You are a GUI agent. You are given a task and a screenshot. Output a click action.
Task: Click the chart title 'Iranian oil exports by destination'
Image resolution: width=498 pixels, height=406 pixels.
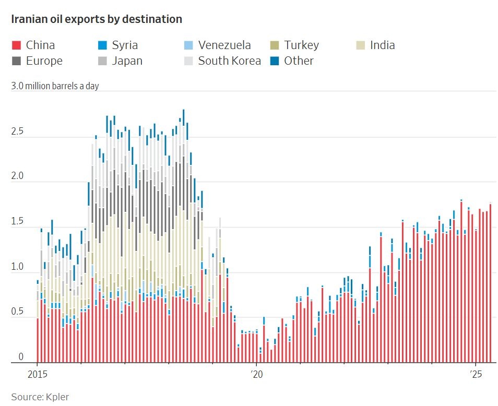(97, 19)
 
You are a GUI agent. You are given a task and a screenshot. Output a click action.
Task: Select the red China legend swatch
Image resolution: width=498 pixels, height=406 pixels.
(16, 45)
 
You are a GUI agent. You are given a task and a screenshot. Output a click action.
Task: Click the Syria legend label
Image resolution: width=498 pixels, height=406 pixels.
(125, 45)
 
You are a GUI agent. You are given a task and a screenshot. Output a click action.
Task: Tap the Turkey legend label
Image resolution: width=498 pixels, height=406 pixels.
(301, 45)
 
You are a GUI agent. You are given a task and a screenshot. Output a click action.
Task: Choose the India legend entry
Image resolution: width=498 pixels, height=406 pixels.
(382, 45)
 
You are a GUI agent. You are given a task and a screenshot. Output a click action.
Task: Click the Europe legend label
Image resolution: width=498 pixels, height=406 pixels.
(44, 61)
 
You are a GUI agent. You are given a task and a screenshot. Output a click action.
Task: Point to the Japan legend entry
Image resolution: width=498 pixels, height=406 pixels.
(127, 61)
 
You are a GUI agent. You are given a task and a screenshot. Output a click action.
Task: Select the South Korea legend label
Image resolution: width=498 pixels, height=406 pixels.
(229, 61)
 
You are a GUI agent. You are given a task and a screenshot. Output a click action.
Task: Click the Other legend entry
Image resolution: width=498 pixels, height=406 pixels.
(299, 61)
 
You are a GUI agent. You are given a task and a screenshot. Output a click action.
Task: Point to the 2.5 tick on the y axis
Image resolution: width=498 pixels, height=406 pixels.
(18, 132)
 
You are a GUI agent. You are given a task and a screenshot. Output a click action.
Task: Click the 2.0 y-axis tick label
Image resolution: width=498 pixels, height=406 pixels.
(18, 177)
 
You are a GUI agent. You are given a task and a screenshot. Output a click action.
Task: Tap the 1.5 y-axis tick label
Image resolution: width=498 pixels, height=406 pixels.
(18, 222)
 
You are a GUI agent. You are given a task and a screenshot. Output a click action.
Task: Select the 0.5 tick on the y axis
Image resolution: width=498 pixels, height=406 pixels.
(18, 312)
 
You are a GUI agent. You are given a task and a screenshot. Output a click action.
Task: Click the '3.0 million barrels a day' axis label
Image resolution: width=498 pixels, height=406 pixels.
(55, 86)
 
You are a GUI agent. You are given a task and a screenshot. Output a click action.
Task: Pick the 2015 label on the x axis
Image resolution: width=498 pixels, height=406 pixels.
(37, 375)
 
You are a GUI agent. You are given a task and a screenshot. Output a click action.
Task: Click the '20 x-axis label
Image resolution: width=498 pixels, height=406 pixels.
(256, 375)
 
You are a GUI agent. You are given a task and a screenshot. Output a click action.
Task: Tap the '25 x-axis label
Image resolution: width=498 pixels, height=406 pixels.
(476, 375)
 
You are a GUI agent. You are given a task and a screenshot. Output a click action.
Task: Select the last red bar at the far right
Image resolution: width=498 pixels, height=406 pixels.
(491, 284)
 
